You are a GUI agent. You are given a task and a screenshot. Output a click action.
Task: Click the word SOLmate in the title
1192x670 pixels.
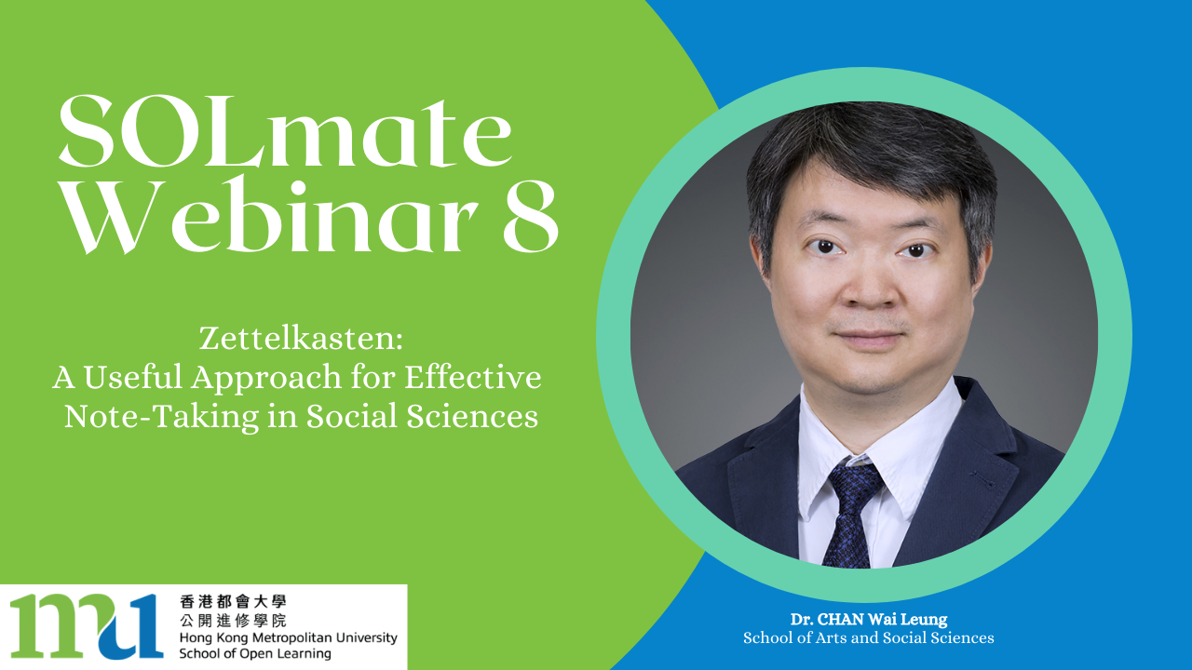click(x=285, y=131)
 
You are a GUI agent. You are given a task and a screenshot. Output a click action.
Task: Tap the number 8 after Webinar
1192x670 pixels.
click(x=531, y=217)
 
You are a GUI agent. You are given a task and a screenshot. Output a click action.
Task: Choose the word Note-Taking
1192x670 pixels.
click(x=162, y=416)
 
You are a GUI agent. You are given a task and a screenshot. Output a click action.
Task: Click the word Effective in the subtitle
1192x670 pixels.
click(x=472, y=377)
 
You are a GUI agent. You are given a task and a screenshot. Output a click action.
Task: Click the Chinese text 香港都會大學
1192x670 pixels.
click(x=233, y=601)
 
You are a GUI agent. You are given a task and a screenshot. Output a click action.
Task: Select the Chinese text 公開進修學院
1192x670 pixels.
click(x=233, y=620)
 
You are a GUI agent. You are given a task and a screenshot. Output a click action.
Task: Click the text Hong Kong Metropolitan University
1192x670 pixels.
click(x=289, y=637)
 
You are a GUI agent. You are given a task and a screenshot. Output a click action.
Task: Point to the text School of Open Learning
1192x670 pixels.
click(x=255, y=653)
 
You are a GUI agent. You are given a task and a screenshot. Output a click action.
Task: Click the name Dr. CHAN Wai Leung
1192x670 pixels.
click(x=869, y=620)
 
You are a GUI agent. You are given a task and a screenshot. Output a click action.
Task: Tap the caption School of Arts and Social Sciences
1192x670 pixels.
click(x=869, y=637)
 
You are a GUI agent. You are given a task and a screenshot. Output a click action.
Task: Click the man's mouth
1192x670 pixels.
click(x=869, y=338)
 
